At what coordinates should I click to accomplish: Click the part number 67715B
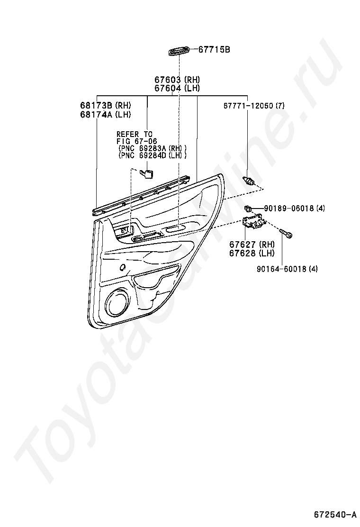click(214, 49)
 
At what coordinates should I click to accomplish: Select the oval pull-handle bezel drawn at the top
click(179, 51)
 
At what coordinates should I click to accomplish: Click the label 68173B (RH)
click(105, 105)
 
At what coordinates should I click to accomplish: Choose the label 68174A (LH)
click(105, 114)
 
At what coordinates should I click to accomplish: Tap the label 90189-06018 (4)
click(294, 208)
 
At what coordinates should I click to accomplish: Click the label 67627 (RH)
click(252, 245)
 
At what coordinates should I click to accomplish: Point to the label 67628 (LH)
click(252, 253)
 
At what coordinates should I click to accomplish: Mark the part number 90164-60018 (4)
click(288, 269)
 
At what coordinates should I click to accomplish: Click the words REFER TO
click(135, 134)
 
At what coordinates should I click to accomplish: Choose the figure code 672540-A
click(334, 514)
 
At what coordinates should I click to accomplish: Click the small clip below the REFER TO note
click(148, 173)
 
